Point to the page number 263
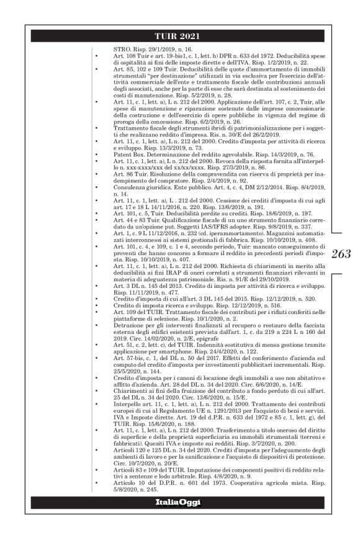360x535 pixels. coord(340,253)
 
